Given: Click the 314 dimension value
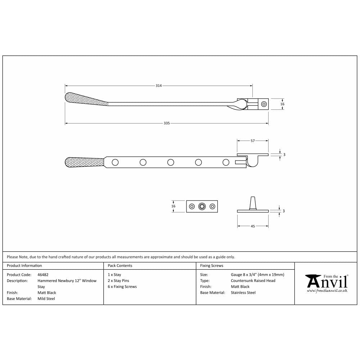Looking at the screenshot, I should point(158,86).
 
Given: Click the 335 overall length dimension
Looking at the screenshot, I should point(166,123).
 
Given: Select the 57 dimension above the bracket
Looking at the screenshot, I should point(252,141).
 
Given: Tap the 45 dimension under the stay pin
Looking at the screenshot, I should point(252,226).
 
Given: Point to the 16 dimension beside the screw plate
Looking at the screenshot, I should point(174,206).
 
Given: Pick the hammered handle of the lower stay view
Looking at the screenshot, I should point(85,162).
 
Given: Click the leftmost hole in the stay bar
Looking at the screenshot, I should point(115,162).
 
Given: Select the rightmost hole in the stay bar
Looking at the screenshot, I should point(226,162).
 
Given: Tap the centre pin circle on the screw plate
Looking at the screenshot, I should point(202,206).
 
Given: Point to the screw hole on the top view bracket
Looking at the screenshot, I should point(264,104).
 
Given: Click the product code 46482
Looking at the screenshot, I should point(43,275).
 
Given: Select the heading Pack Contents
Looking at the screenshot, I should point(120,266).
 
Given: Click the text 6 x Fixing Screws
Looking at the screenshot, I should point(122,287).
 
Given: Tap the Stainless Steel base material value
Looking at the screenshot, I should point(243,293).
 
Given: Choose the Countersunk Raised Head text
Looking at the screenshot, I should point(253,280).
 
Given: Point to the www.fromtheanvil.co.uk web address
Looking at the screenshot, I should point(327,291).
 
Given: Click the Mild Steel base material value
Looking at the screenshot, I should point(46,298).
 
